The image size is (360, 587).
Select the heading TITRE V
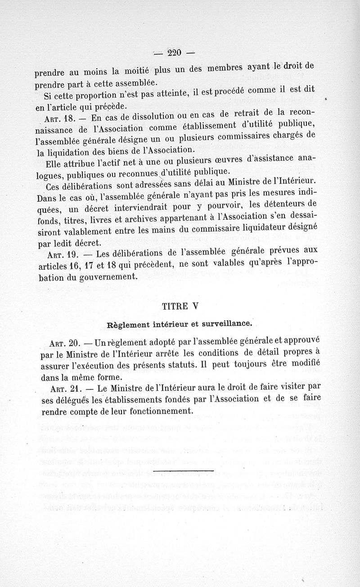[x=180, y=306]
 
